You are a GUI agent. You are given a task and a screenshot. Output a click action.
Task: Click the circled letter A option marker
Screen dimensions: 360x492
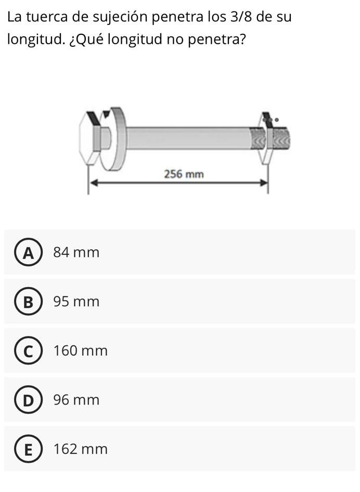click(28, 252)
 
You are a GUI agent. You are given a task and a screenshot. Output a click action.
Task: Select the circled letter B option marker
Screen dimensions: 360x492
click(28, 301)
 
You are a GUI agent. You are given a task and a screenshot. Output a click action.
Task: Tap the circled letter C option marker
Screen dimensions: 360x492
click(28, 351)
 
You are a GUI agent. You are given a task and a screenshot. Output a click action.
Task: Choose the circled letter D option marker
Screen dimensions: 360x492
click(28, 400)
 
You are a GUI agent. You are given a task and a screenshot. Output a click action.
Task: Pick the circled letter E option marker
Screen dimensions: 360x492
click(28, 449)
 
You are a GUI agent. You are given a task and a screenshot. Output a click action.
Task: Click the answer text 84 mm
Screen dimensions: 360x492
click(76, 252)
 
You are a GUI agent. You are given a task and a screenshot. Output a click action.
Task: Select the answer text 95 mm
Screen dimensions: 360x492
click(76, 302)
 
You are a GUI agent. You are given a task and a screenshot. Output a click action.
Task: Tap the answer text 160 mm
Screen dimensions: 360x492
click(81, 351)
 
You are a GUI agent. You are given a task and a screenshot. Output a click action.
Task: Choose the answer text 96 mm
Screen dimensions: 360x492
click(76, 400)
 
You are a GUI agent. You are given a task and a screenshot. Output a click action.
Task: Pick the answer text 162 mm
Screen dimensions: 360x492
click(81, 449)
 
